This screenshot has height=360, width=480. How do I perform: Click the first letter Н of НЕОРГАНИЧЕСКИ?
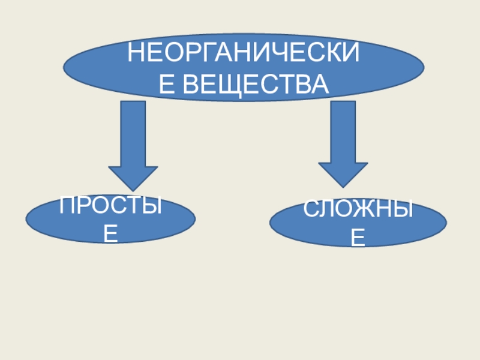point(137,56)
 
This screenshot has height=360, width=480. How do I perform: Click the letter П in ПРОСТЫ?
point(68,208)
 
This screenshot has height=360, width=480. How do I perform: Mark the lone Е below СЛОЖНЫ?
point(358,239)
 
